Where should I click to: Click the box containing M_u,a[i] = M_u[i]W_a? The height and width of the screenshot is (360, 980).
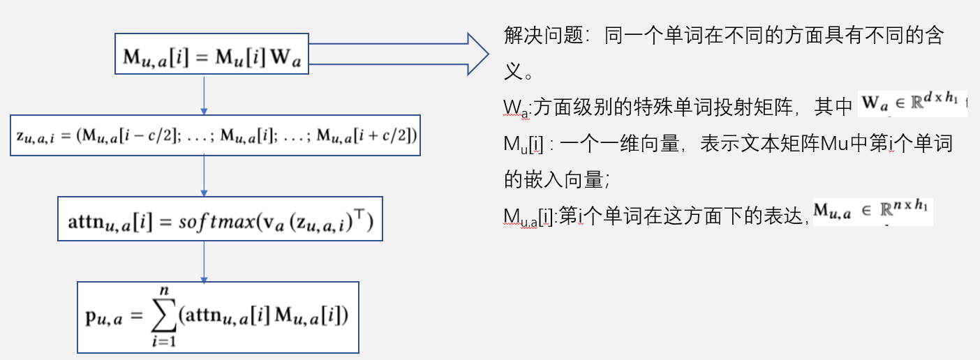211,54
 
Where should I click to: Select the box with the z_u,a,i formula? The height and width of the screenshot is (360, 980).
215,135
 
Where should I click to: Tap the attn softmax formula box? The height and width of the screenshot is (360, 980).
220,218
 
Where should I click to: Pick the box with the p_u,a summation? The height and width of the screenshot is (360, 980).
218,317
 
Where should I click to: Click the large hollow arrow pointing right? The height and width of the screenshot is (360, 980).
398,54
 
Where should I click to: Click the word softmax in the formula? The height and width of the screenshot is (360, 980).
216,221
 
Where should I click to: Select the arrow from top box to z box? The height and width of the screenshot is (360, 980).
204,94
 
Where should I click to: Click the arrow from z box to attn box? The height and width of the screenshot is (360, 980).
204,176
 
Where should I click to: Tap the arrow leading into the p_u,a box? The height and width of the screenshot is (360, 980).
204,261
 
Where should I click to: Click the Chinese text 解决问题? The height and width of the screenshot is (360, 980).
543,36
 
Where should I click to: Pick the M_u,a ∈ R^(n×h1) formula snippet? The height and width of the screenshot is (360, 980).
873,211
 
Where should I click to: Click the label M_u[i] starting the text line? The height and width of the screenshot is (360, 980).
524,144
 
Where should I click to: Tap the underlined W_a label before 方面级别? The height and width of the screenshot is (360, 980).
517,107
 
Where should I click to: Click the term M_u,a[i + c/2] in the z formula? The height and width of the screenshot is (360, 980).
366,135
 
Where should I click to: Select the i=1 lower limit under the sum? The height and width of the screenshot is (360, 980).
163,340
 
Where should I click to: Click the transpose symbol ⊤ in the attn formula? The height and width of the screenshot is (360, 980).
359,214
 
